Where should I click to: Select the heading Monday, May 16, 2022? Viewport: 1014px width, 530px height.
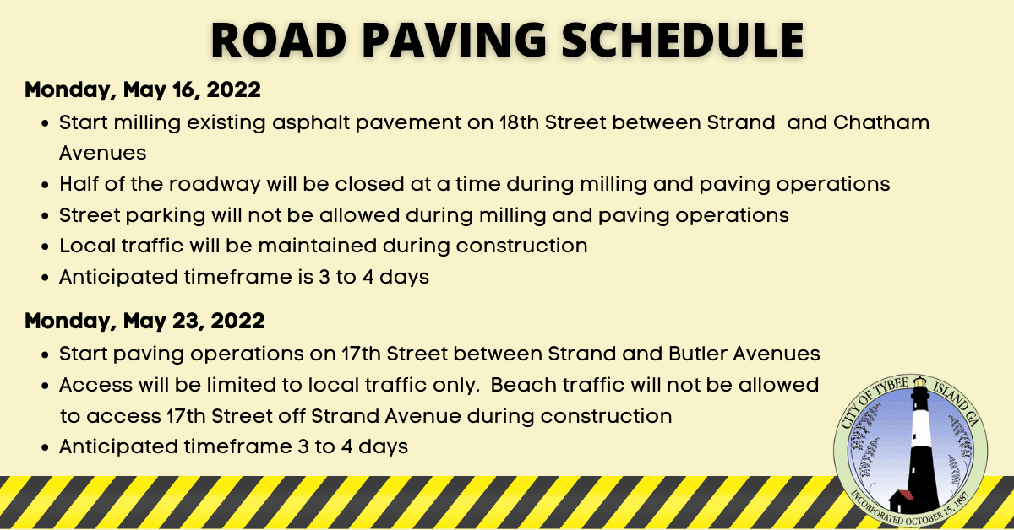[143, 89]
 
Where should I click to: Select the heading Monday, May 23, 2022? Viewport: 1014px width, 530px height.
[144, 321]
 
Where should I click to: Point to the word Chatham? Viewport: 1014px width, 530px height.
[881, 122]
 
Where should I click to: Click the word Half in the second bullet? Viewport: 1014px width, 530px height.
[78, 184]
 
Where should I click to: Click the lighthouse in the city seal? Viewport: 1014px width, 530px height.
[919, 447]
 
